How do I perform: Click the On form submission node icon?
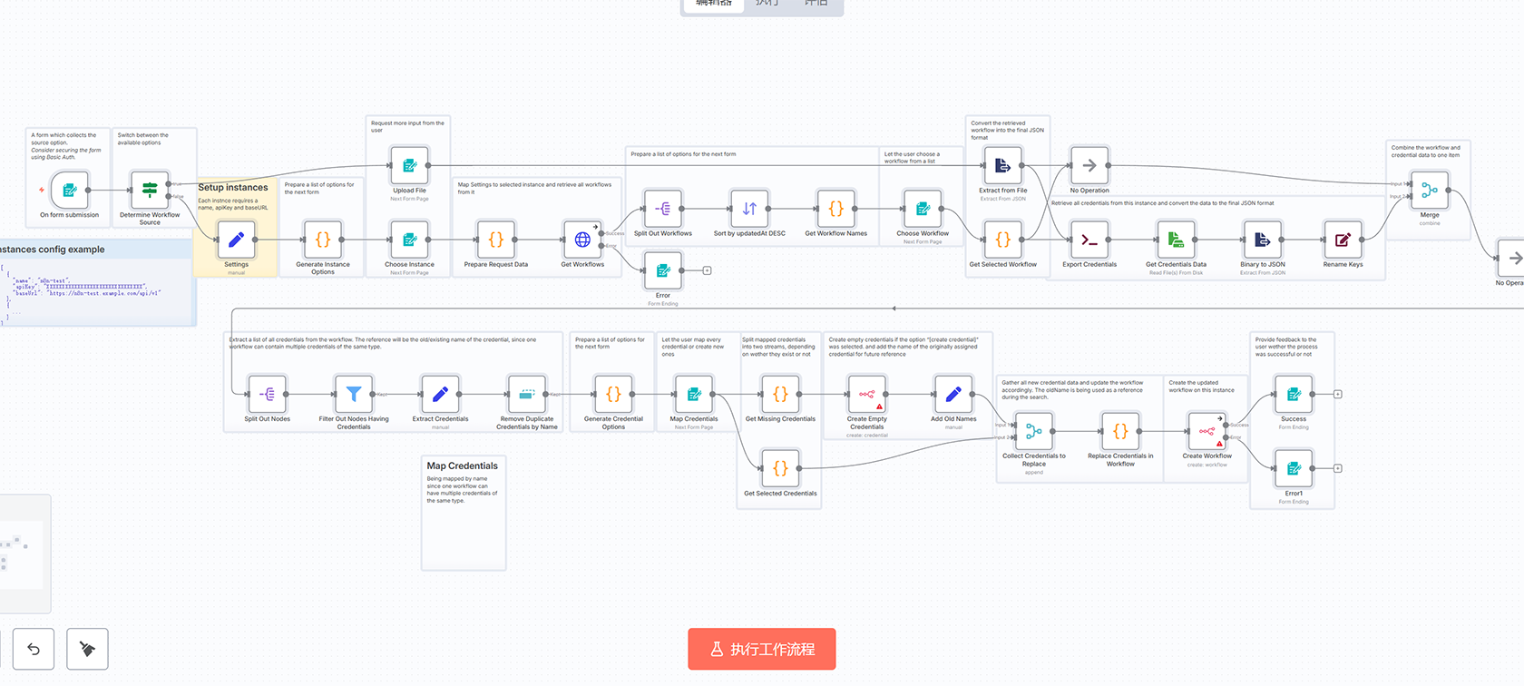(x=70, y=191)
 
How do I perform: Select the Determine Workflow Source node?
(x=150, y=191)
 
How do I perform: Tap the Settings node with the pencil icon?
(x=236, y=240)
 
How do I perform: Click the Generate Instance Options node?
(x=323, y=240)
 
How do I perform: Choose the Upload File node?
(x=409, y=165)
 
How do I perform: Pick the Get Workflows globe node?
(x=582, y=240)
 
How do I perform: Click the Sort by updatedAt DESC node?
(x=749, y=209)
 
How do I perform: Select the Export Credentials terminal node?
(x=1089, y=240)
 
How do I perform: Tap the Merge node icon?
(x=1430, y=191)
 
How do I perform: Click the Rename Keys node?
(x=1343, y=240)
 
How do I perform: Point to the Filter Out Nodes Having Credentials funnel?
(x=354, y=394)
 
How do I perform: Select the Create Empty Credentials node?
(x=867, y=394)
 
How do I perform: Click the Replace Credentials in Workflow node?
(x=1120, y=431)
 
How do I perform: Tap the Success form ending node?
(x=1294, y=394)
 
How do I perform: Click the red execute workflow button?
(x=762, y=649)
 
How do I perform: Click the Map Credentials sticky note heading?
(x=463, y=465)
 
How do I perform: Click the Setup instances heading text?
(x=233, y=188)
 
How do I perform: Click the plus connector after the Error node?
(x=707, y=270)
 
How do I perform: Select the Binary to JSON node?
(x=1263, y=240)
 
